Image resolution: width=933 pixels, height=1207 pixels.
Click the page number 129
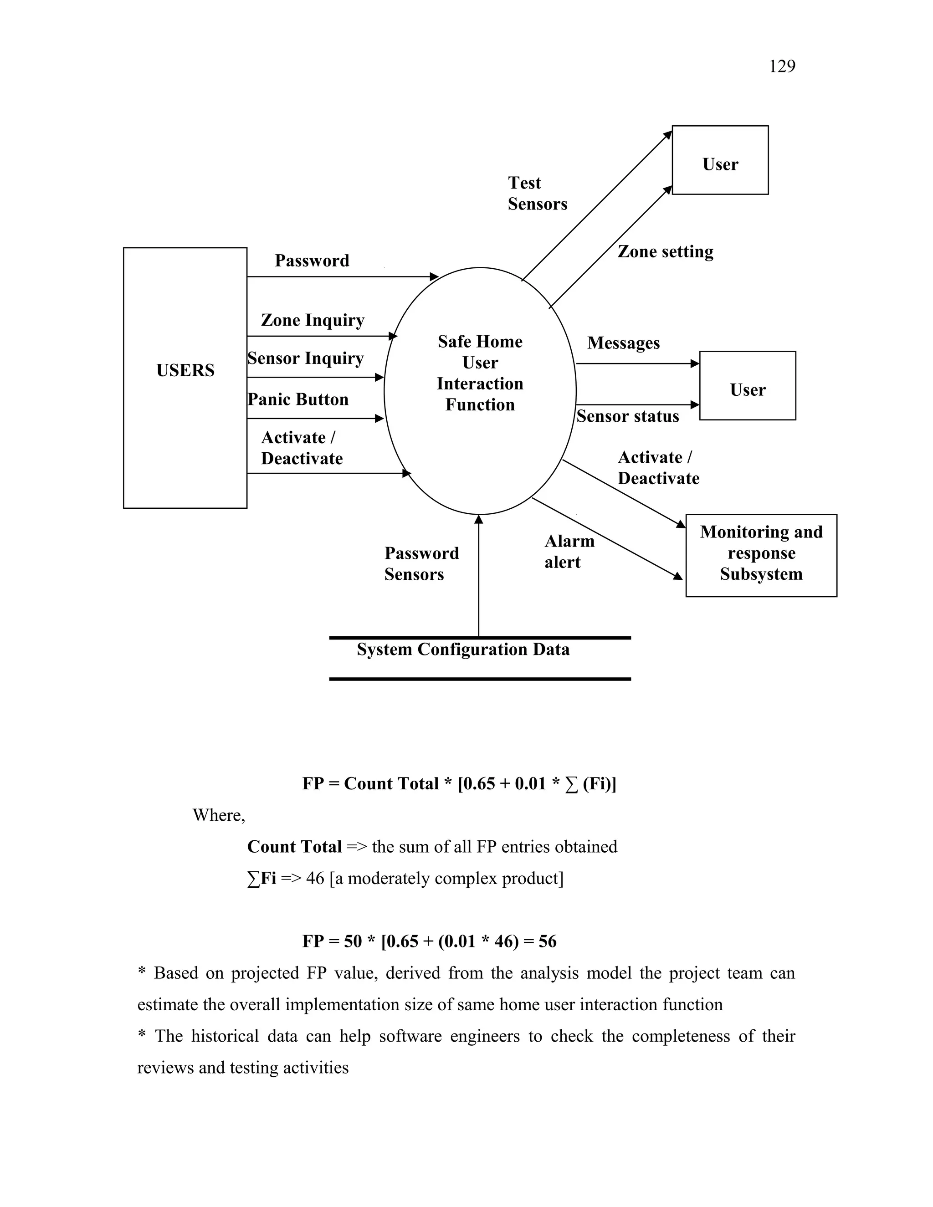[x=782, y=66]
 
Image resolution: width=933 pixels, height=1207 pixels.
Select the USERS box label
[x=185, y=370]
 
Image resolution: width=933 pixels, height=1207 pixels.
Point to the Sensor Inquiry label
[x=306, y=358]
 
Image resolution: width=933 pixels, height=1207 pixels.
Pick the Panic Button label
[x=298, y=399]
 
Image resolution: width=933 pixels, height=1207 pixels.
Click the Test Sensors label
[x=537, y=194]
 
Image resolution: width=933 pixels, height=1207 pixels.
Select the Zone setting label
[x=665, y=252]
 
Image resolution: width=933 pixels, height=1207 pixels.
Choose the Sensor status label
[x=627, y=416]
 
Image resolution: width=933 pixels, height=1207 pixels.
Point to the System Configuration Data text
[x=463, y=650]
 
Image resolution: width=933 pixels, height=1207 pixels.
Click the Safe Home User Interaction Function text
[x=480, y=373]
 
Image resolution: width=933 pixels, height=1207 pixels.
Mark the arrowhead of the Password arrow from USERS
[x=435, y=276]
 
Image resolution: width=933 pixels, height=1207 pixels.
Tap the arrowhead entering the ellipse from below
[x=479, y=520]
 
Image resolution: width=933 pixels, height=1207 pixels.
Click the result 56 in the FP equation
[x=547, y=941]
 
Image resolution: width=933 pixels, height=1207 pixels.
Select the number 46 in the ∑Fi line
[x=315, y=878]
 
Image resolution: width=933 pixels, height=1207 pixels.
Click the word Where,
[x=219, y=815]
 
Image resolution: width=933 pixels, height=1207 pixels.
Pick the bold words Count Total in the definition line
[x=295, y=847]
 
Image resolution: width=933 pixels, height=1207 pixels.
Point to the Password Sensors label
[x=421, y=564]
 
